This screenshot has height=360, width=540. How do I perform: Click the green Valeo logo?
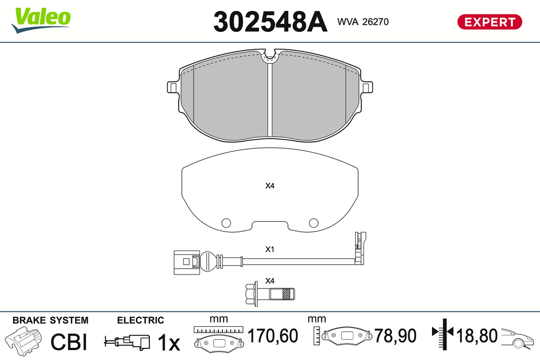click(41, 20)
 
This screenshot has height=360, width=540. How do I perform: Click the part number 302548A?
click(270, 22)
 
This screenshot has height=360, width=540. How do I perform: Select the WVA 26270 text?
click(363, 22)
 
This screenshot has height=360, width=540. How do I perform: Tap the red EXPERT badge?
click(490, 22)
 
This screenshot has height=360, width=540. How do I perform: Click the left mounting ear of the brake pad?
click(173, 87)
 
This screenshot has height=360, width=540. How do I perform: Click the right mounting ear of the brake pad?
click(367, 87)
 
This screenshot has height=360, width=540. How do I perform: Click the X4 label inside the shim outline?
click(270, 186)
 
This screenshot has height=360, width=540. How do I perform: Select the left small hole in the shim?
click(226, 223)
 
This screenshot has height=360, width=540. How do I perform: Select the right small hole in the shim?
click(314, 223)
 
